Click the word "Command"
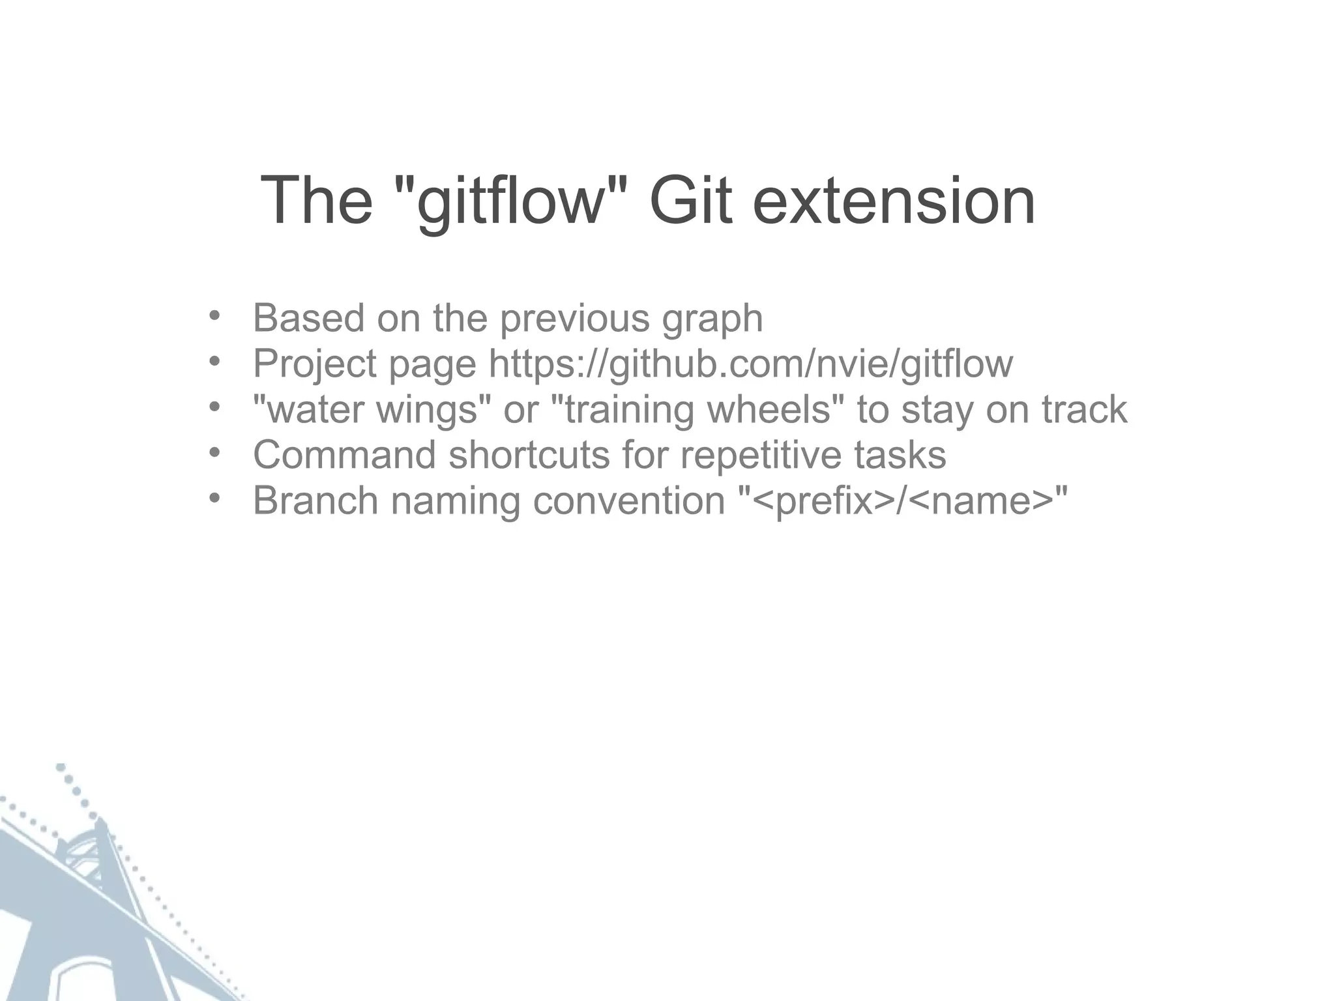click(x=344, y=454)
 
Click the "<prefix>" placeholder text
click(x=822, y=501)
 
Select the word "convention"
click(x=629, y=500)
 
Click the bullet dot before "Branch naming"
click(x=214, y=498)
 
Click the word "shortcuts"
click(x=529, y=454)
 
